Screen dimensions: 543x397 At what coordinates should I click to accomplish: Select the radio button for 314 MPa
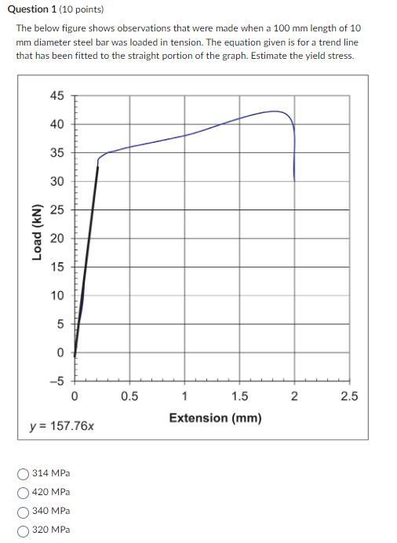(23, 473)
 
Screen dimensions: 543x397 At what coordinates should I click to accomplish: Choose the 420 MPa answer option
(23, 492)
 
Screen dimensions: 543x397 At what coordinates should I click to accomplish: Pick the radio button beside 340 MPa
(23, 511)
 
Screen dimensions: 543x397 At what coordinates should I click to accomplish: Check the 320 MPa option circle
(23, 530)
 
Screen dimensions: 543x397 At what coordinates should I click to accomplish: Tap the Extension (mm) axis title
(215, 417)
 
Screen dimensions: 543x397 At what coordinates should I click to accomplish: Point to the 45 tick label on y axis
(57, 96)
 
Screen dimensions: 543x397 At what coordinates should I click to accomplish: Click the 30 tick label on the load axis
(57, 181)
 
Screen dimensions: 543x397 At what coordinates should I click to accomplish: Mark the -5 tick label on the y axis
(57, 382)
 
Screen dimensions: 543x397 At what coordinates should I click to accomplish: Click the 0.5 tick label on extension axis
(129, 396)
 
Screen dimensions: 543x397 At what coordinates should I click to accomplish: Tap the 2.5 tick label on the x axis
(349, 396)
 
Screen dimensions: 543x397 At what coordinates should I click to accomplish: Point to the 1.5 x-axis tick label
(239, 396)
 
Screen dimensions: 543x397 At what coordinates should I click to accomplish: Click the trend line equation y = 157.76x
(62, 427)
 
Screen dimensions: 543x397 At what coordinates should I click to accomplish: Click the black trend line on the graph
(87, 251)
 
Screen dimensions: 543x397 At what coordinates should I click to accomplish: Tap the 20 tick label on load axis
(57, 239)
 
